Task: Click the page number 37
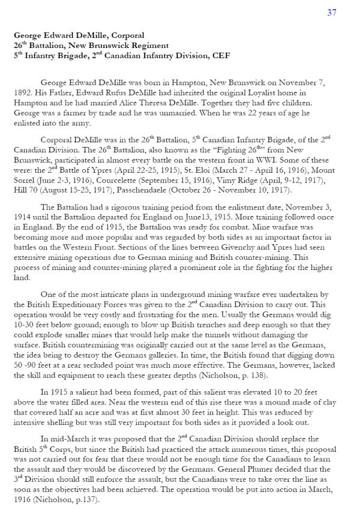332,13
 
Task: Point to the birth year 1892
23,92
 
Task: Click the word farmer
65,112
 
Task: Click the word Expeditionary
67,304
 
